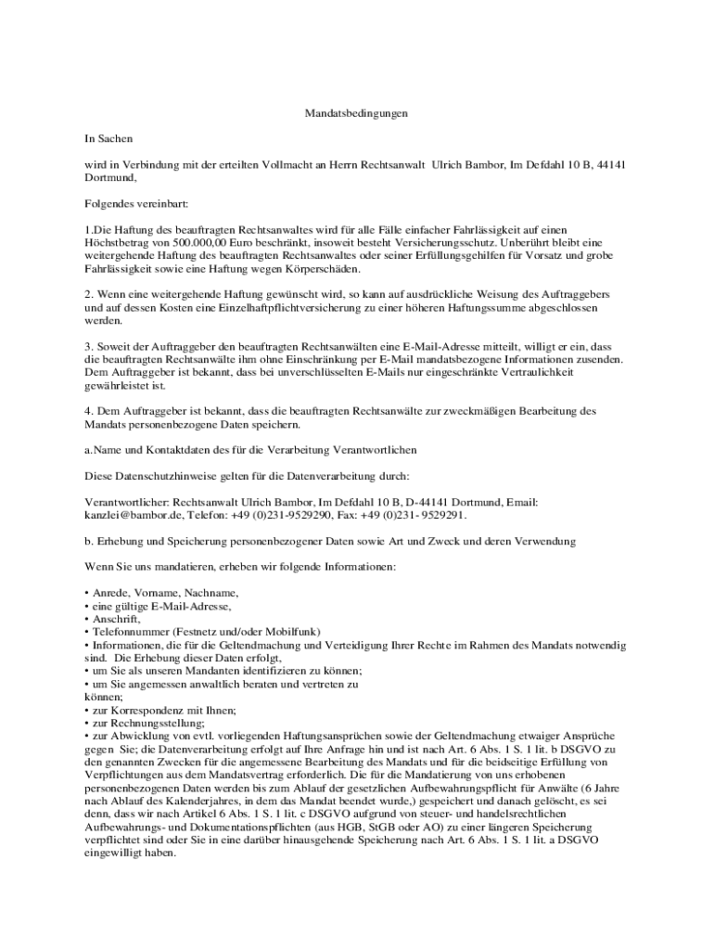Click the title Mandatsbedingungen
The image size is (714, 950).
(357, 113)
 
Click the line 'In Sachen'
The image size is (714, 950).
(108, 138)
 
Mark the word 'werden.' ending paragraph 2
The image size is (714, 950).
(103, 320)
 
